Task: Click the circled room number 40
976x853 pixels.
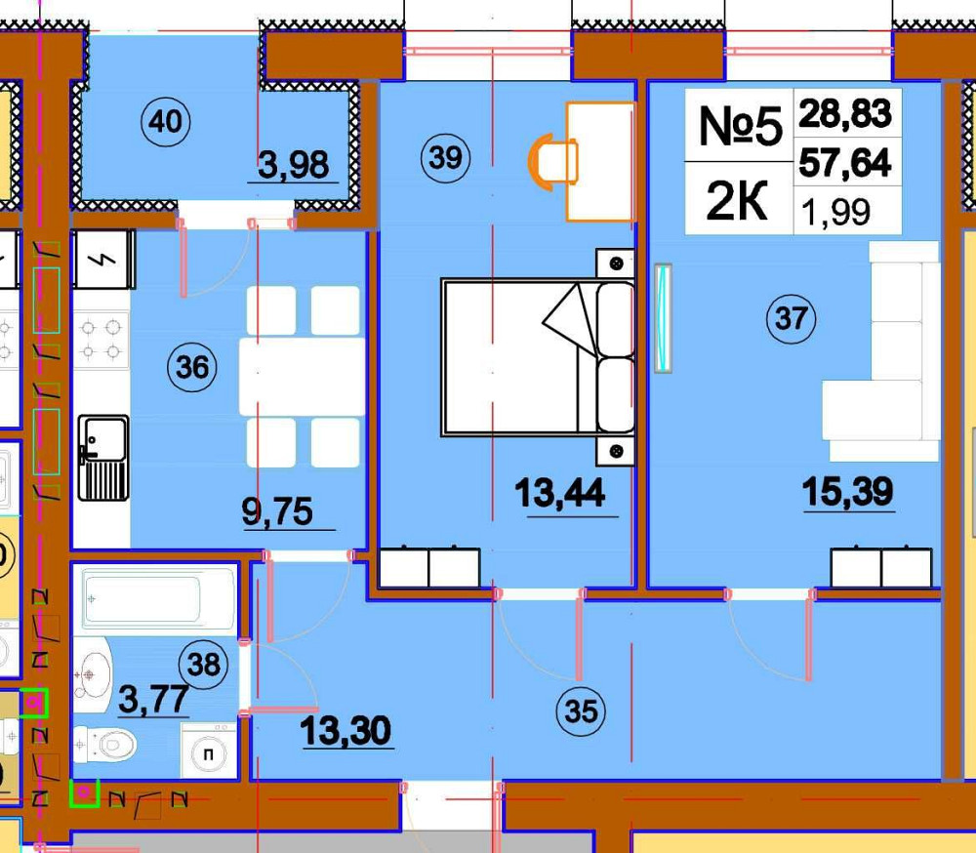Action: click(166, 121)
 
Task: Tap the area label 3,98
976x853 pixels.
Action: click(293, 165)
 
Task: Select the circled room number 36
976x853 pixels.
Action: click(192, 367)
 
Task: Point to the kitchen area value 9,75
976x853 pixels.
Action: click(277, 511)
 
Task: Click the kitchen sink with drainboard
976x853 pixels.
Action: click(103, 458)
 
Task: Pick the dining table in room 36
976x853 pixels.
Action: click(302, 377)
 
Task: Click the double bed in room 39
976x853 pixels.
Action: click(538, 357)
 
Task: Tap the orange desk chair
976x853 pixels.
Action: click(552, 160)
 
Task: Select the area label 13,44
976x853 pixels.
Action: click(559, 493)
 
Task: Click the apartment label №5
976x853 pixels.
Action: click(740, 126)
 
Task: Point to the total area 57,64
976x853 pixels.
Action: click(845, 163)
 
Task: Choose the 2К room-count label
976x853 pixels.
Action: click(737, 201)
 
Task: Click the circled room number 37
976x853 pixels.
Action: click(792, 319)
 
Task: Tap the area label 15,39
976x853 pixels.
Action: click(848, 491)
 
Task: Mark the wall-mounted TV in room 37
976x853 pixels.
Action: click(663, 318)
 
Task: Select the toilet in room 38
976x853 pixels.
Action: click(104, 744)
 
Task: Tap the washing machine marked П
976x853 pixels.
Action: click(209, 751)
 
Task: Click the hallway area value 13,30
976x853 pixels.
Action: click(346, 730)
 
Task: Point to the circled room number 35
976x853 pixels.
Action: click(581, 711)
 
